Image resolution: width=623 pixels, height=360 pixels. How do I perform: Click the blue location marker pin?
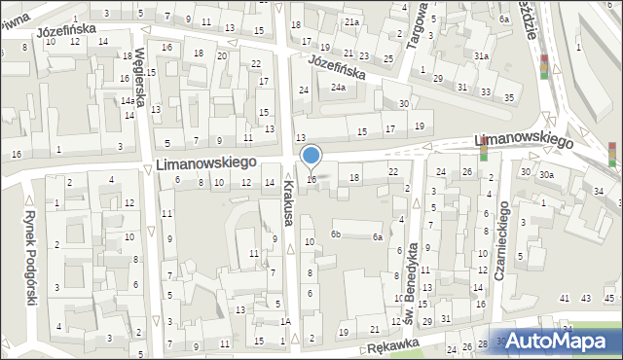[311, 156]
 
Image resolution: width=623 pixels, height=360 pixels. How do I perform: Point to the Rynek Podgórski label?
[30, 259]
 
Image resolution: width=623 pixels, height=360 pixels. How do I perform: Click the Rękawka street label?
[391, 345]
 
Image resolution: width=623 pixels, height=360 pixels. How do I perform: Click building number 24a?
[337, 88]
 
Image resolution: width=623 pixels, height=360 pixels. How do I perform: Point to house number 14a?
[128, 101]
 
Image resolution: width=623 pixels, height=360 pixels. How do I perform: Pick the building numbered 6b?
[335, 234]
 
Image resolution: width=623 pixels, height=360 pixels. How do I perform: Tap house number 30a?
[547, 174]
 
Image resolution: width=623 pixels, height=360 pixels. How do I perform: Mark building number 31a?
[481, 56]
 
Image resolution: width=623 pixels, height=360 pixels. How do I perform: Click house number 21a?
[351, 21]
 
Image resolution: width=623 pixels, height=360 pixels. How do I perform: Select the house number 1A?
[285, 321]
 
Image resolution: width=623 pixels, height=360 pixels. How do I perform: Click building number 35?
[509, 97]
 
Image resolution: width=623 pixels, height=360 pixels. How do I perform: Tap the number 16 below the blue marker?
[311, 179]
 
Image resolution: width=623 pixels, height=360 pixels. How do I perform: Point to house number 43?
[584, 298]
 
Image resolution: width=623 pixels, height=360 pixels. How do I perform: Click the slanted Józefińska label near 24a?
[337, 67]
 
